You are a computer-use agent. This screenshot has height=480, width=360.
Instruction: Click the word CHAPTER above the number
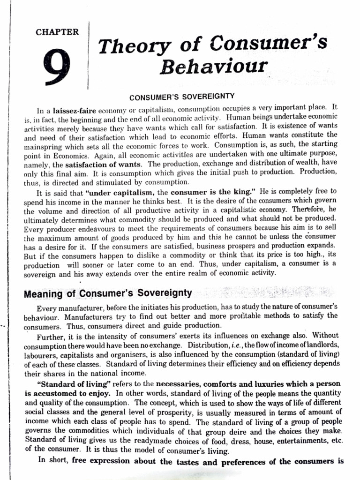click(57, 32)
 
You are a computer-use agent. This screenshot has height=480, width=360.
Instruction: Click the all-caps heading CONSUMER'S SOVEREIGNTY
click(181, 97)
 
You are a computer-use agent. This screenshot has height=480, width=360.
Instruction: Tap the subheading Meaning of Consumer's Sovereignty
click(108, 293)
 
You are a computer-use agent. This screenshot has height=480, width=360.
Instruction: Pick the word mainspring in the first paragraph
click(44, 146)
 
